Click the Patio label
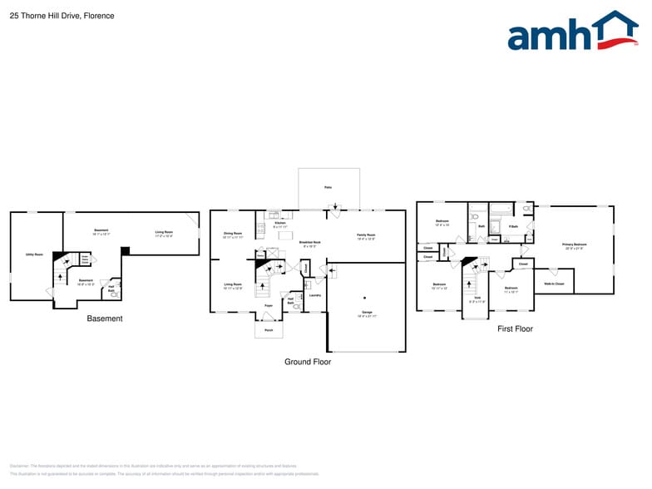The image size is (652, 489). (328, 187)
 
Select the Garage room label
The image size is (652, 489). (367, 313)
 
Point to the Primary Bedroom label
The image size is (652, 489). (575, 244)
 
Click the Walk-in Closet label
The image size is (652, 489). (554, 284)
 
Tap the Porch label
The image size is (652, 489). (268, 329)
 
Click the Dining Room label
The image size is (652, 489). (232, 234)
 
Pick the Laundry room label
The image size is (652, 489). (314, 295)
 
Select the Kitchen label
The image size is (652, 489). (279, 223)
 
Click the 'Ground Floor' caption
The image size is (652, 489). (308, 362)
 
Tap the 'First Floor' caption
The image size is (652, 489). (515, 328)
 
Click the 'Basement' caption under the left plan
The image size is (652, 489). (105, 319)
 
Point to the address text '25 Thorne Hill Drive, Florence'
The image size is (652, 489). (62, 16)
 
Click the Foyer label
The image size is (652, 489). (269, 306)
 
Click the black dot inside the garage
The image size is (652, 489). (363, 297)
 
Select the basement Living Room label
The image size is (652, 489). (164, 232)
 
